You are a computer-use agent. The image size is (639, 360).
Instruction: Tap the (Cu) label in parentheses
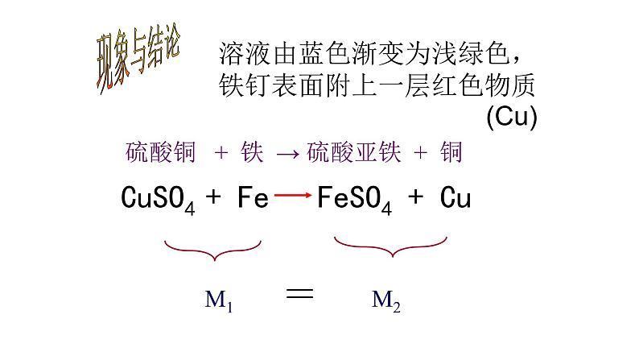coord(511,117)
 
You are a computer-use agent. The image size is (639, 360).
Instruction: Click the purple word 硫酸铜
coord(161,152)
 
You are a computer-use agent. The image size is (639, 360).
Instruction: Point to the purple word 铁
coord(252,152)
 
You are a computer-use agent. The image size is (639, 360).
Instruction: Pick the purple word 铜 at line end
coord(451,152)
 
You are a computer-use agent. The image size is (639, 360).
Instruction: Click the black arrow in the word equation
coord(287,154)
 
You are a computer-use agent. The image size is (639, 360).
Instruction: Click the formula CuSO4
coord(158,197)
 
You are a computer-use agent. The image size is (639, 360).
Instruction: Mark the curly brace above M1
coord(213,248)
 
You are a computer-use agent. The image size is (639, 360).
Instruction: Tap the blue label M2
coord(385,302)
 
